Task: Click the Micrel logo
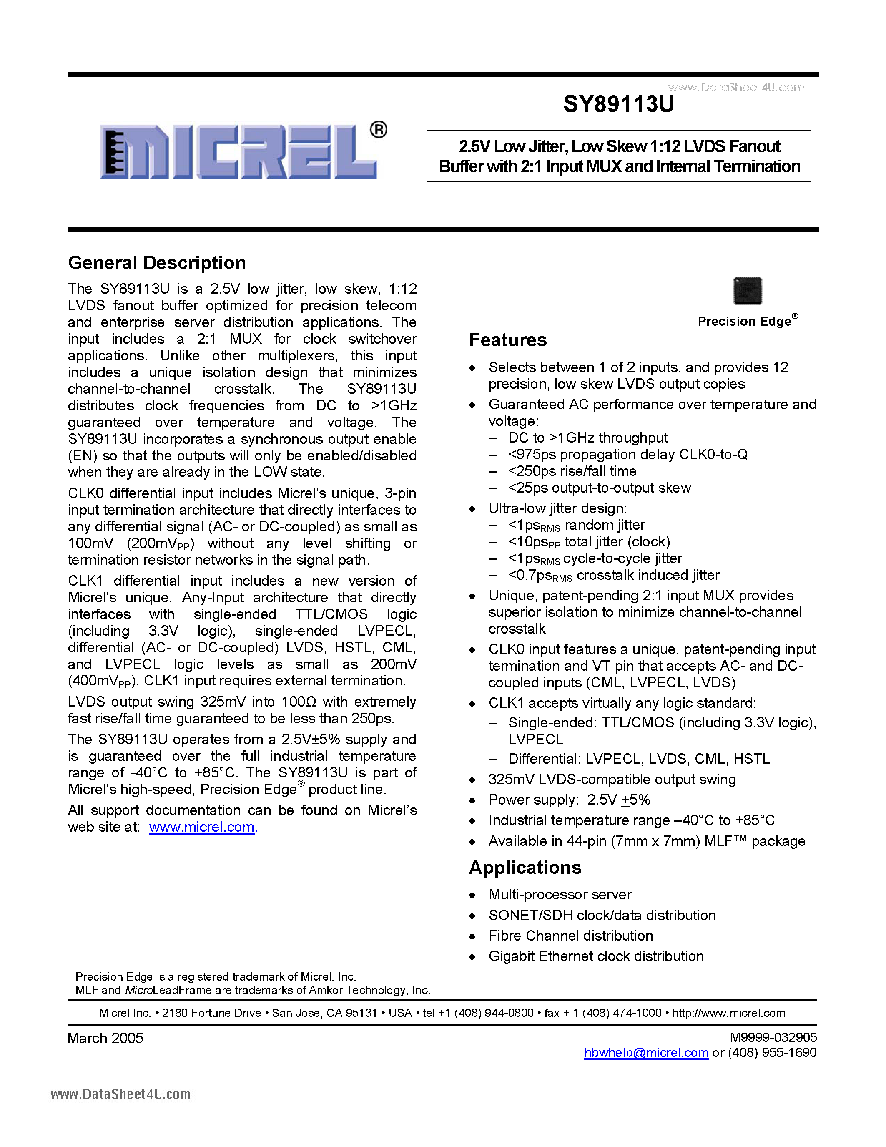coord(239,151)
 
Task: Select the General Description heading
coord(157,263)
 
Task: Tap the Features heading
coord(507,340)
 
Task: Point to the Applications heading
coord(525,867)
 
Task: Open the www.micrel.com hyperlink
coord(201,827)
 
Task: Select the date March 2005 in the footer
coord(105,1038)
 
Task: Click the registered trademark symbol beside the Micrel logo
coord(379,130)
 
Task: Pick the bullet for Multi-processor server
coord(472,895)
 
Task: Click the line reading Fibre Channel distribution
coord(570,936)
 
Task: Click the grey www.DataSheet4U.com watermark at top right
coord(736,87)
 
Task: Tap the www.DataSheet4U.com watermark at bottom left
coord(121,1094)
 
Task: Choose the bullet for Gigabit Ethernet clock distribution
coord(472,957)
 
